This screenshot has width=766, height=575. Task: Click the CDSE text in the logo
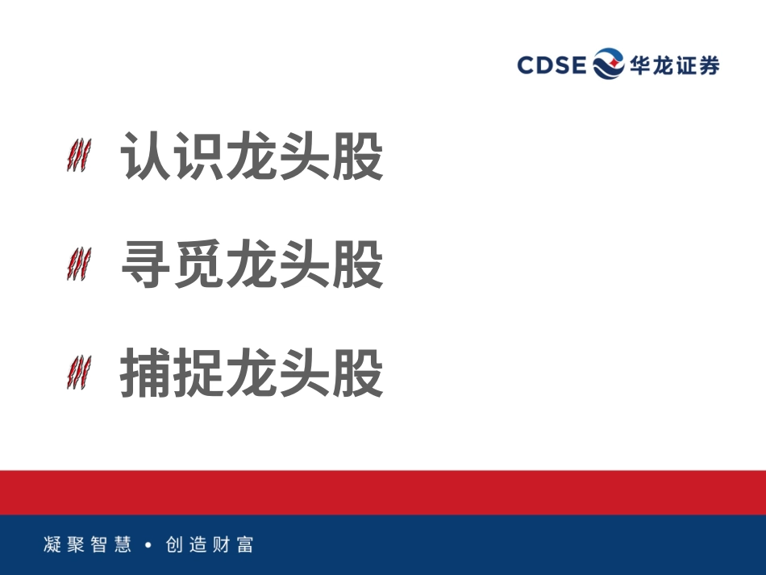552,65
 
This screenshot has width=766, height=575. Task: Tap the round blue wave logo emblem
609,64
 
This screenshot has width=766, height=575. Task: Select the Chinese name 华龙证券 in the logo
675,65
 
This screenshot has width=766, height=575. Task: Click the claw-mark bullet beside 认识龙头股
78,155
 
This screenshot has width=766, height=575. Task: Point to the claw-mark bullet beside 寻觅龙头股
78,265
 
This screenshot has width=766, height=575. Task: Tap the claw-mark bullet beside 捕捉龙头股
78,373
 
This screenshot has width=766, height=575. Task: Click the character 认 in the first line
146,156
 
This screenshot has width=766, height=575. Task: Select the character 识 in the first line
199,156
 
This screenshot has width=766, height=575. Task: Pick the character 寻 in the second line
146,265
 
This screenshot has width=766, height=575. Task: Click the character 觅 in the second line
199,265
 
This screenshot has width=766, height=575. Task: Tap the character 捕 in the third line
146,373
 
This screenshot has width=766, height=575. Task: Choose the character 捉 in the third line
199,373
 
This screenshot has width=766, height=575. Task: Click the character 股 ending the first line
357,156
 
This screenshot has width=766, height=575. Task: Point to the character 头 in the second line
305,265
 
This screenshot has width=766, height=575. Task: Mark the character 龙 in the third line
252,373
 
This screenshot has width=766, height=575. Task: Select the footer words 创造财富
210,544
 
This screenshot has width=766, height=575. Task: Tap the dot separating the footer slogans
148,545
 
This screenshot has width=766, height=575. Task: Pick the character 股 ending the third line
357,373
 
